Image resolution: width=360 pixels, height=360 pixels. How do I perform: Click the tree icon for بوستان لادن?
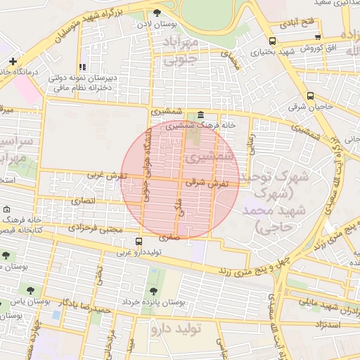coord(157,13)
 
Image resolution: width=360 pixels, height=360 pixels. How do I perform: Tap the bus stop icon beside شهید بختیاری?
coord(272,41)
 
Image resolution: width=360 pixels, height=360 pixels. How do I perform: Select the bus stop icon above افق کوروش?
coord(318,37)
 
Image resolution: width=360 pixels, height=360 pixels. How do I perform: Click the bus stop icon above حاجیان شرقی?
coord(311,96)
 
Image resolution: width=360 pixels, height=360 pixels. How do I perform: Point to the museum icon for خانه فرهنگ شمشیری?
coord(201,115)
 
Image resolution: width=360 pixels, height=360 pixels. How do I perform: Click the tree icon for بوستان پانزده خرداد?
coord(153,291)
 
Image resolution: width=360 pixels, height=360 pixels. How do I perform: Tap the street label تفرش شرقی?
coord(203,182)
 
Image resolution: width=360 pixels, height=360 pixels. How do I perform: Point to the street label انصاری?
coord(82,201)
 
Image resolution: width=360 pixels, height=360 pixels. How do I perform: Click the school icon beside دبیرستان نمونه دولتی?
coord(83,67)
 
